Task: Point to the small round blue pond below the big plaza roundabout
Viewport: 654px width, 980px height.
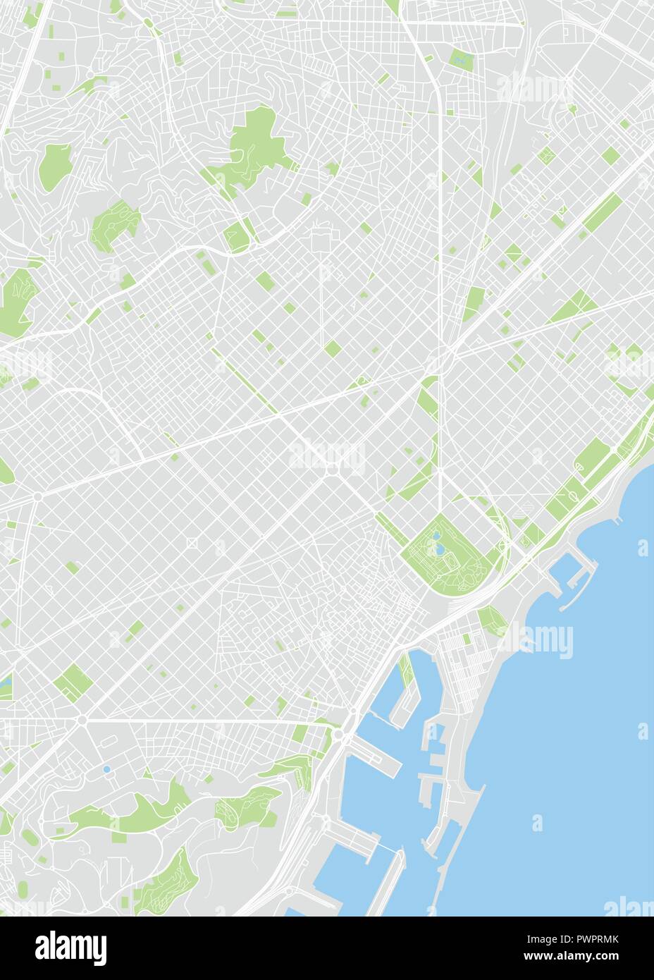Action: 106,769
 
